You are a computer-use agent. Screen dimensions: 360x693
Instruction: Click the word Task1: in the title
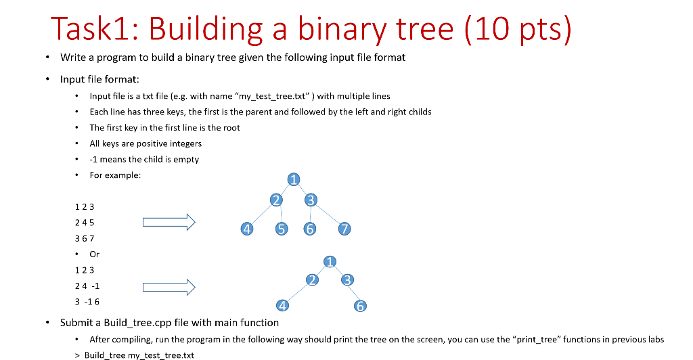(94, 30)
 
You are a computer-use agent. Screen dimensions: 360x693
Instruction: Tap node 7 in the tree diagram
(344, 229)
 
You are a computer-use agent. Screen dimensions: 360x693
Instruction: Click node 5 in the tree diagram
(281, 229)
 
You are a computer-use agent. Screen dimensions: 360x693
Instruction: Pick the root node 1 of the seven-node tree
(293, 179)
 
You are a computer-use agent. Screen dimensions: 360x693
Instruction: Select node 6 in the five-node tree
(361, 307)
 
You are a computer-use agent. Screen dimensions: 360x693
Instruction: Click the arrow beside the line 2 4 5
(169, 222)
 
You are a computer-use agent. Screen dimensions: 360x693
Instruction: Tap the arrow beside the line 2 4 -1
(169, 288)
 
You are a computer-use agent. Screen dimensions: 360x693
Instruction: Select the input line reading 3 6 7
(85, 238)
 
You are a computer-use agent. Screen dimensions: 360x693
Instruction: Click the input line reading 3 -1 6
(87, 302)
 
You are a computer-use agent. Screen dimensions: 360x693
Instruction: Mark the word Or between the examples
(95, 254)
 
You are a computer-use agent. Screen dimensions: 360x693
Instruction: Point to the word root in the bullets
(231, 127)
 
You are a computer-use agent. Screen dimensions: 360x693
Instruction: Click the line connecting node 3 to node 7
(328, 215)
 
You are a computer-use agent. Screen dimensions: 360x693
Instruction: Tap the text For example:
(115, 175)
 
